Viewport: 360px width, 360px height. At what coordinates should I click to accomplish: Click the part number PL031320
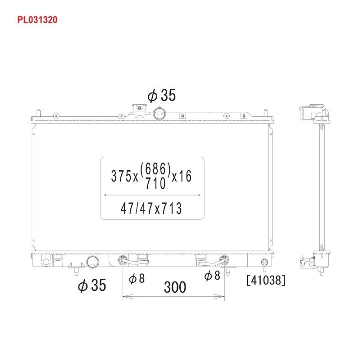tap(37, 20)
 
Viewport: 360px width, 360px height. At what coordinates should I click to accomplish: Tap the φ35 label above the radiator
tap(162, 95)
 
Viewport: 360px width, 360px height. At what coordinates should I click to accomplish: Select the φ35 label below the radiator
tap(92, 285)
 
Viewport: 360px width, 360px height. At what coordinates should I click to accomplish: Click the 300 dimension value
tap(175, 287)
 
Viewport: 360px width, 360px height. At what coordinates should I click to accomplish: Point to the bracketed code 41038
tap(266, 280)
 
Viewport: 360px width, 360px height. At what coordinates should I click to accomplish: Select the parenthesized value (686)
tap(156, 169)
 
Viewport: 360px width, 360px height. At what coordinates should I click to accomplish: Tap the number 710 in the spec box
tap(156, 183)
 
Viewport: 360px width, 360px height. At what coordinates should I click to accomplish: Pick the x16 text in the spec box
tap(182, 176)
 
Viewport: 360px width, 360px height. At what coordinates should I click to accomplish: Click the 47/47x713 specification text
tap(151, 208)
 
